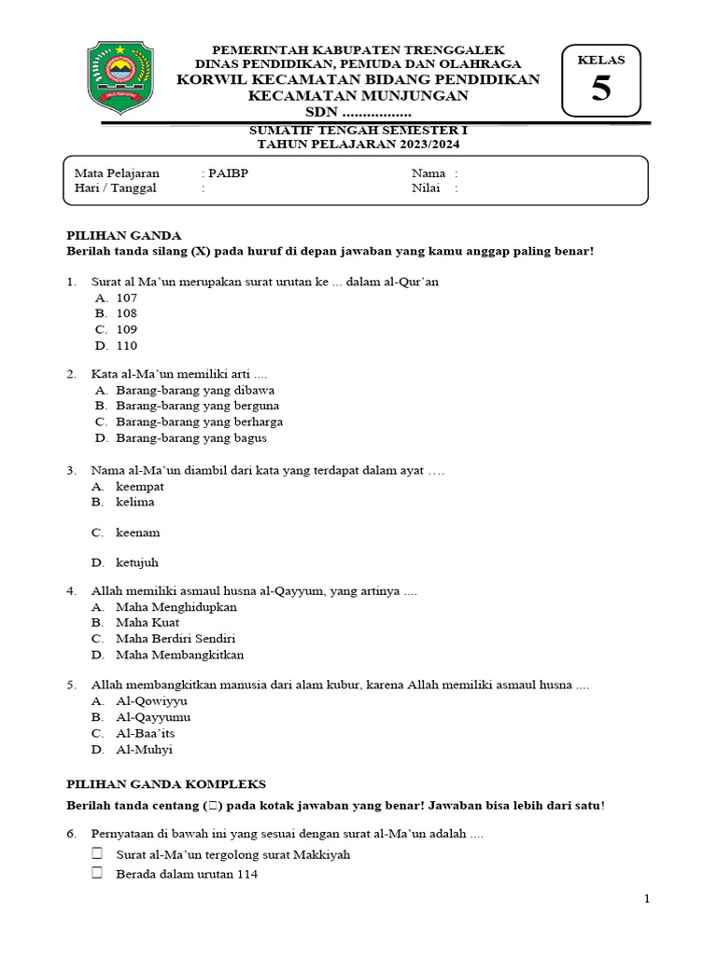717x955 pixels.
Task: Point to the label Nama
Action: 429,173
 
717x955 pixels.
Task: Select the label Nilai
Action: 427,187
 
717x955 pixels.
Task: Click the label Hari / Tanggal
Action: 115,187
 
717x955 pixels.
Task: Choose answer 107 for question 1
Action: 126,298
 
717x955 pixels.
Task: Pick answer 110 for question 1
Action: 126,345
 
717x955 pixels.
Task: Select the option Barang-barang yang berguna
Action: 197,406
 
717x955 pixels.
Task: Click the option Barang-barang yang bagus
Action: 191,437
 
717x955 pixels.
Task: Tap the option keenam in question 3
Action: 138,533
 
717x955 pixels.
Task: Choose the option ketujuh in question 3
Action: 138,562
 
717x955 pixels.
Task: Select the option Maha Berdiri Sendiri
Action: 176,638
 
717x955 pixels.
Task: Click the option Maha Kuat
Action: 148,622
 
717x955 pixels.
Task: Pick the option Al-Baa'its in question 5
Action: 145,733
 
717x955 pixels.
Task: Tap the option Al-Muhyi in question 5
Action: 144,749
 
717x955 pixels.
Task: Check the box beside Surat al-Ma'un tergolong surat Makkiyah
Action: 97,854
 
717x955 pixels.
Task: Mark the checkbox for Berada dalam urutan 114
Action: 97,874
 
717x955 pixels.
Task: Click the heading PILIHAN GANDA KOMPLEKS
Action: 166,783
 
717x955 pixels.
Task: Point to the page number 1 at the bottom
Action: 646,899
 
